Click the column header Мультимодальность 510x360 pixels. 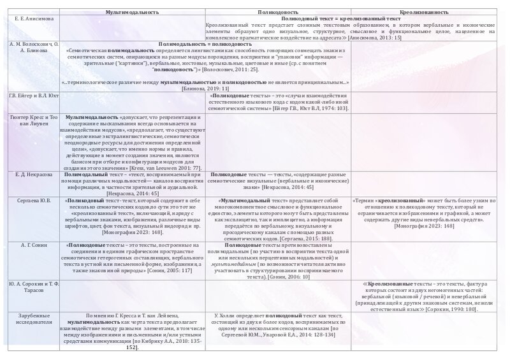coord(132,12)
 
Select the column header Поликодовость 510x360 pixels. coord(277,12)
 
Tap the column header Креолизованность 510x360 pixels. coord(421,12)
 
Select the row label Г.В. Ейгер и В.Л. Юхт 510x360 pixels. coord(30,95)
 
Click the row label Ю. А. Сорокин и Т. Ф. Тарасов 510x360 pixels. coord(31,286)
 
